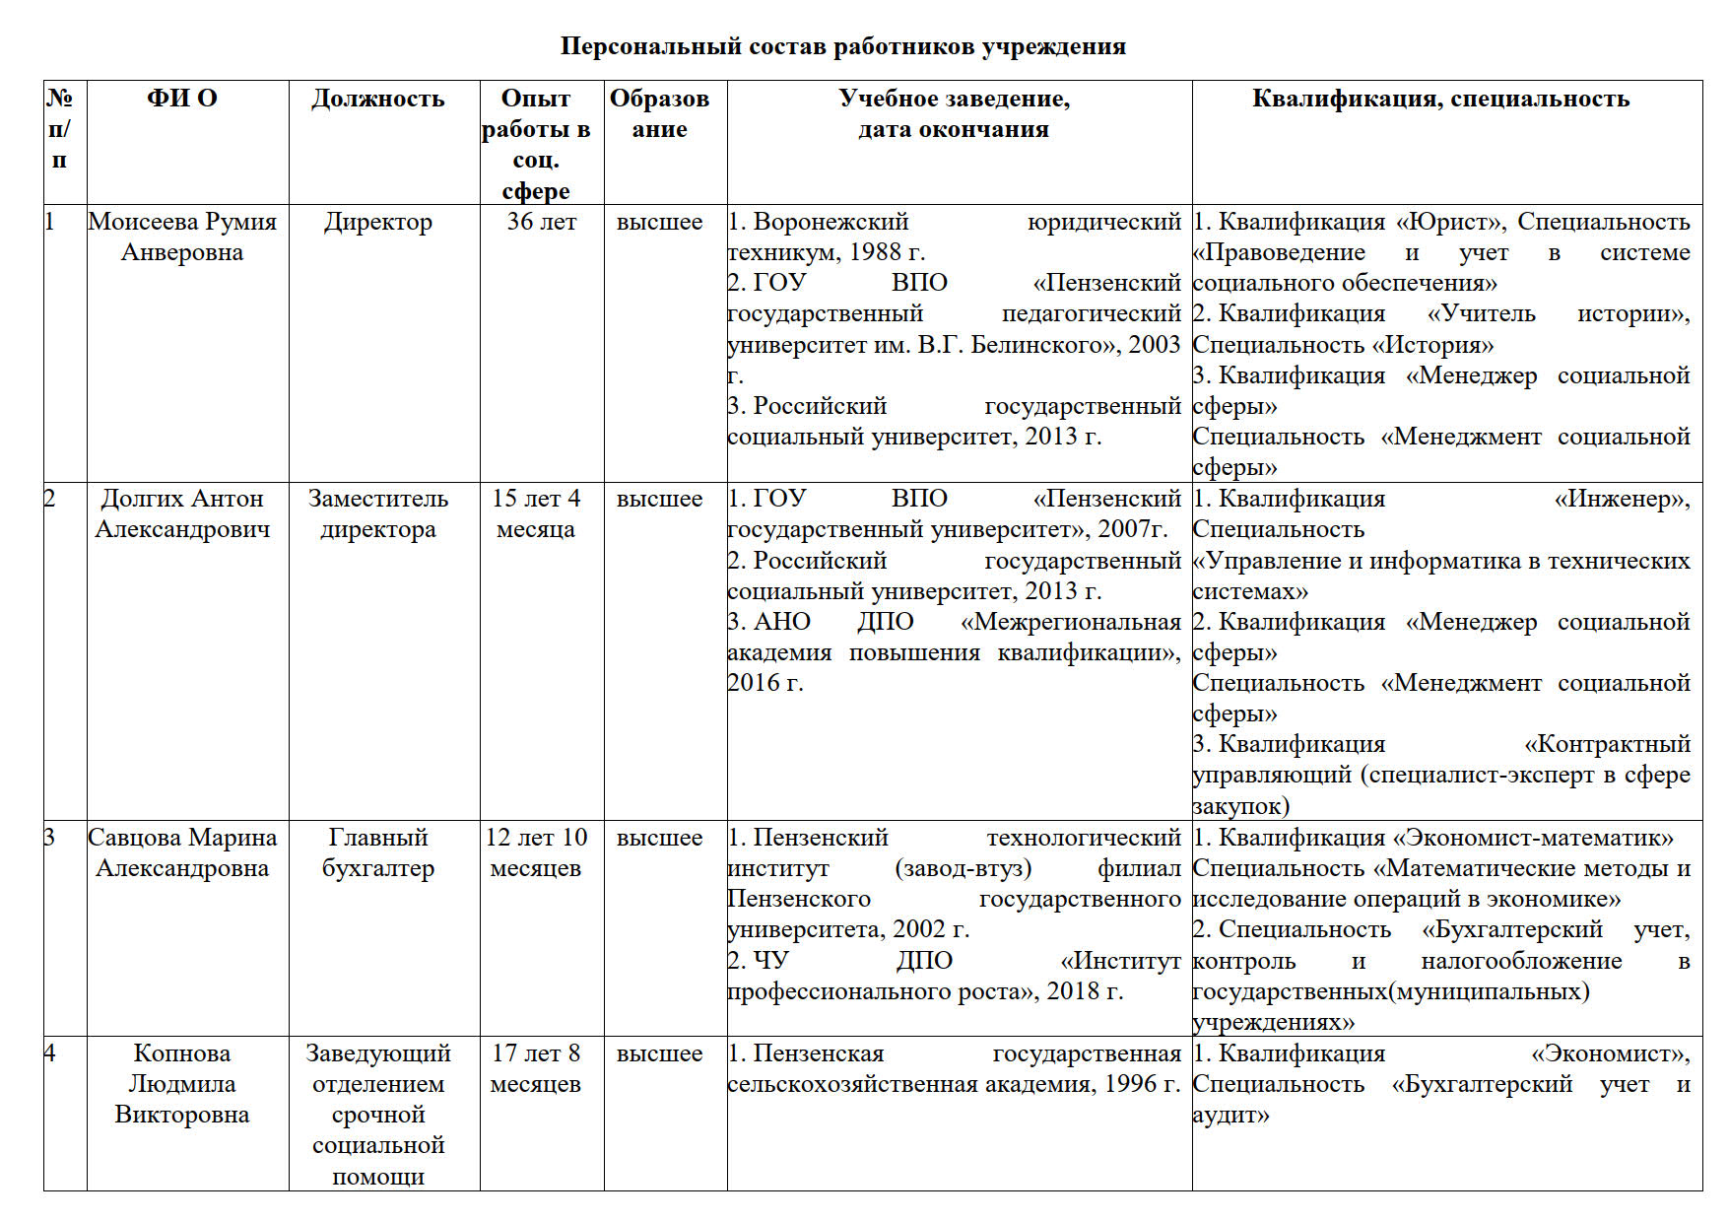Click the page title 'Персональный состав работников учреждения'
point(842,46)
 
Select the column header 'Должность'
point(378,99)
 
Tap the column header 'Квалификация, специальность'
point(1440,99)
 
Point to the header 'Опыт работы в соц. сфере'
point(536,144)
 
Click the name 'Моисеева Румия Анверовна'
point(182,237)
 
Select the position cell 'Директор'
point(378,222)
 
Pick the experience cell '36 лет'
point(541,222)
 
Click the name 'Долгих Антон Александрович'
point(182,513)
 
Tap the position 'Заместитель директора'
point(378,513)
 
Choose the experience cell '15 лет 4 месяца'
point(536,513)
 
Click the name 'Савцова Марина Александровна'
point(182,852)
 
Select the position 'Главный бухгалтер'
point(378,852)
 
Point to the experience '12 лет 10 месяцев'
point(536,852)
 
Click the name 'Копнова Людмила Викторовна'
point(182,1083)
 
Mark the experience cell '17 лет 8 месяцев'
point(536,1068)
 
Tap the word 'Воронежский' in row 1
point(831,222)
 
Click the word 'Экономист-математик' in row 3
point(1538,838)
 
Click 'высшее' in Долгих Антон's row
point(659,499)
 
